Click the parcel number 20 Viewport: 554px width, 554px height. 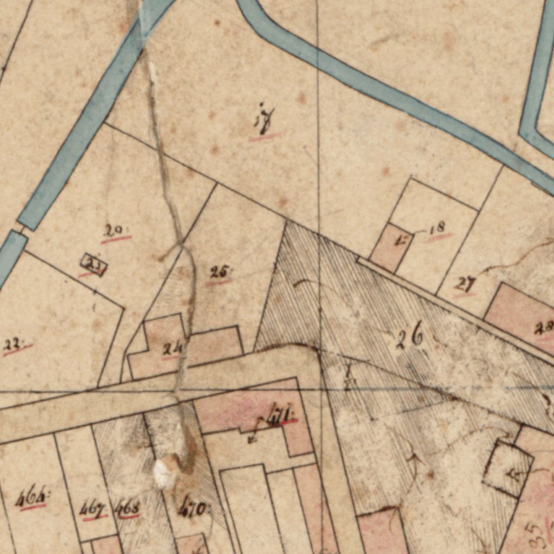(114, 231)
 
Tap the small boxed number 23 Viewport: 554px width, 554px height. (94, 265)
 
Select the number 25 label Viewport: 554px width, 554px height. (219, 272)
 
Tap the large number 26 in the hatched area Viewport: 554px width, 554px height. (410, 339)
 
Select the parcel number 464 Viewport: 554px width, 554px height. (31, 498)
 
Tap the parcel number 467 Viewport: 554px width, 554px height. (92, 509)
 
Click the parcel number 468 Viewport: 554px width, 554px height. (128, 509)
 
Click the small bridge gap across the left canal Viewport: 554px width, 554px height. (20, 230)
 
